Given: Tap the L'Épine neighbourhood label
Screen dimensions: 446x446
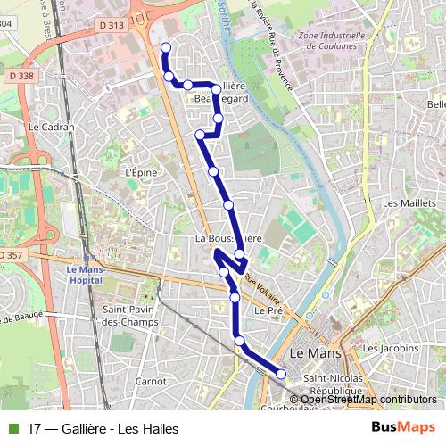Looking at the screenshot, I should coord(140,172).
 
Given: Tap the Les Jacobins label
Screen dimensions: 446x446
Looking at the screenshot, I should coord(391,348).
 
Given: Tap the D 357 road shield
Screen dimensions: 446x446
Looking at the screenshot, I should coord(11,255).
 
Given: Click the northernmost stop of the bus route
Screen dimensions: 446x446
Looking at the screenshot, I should coord(165,47).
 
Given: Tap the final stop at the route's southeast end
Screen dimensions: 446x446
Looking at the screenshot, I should coord(281,375).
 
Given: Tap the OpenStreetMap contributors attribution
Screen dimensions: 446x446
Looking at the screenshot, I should coord(368,400).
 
